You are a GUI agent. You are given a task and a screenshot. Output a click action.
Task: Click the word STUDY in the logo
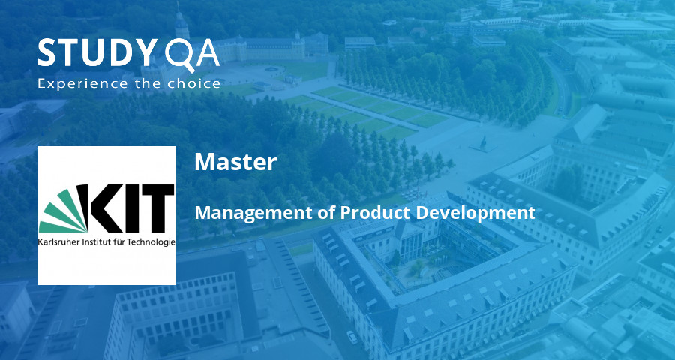pos(94,53)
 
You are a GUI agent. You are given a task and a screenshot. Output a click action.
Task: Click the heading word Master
pos(235,162)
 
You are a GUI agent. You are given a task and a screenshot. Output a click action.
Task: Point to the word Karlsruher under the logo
pos(55,242)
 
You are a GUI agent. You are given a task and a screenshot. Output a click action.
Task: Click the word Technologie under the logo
pos(154,242)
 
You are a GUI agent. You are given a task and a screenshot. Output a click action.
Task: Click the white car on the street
pos(352,337)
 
